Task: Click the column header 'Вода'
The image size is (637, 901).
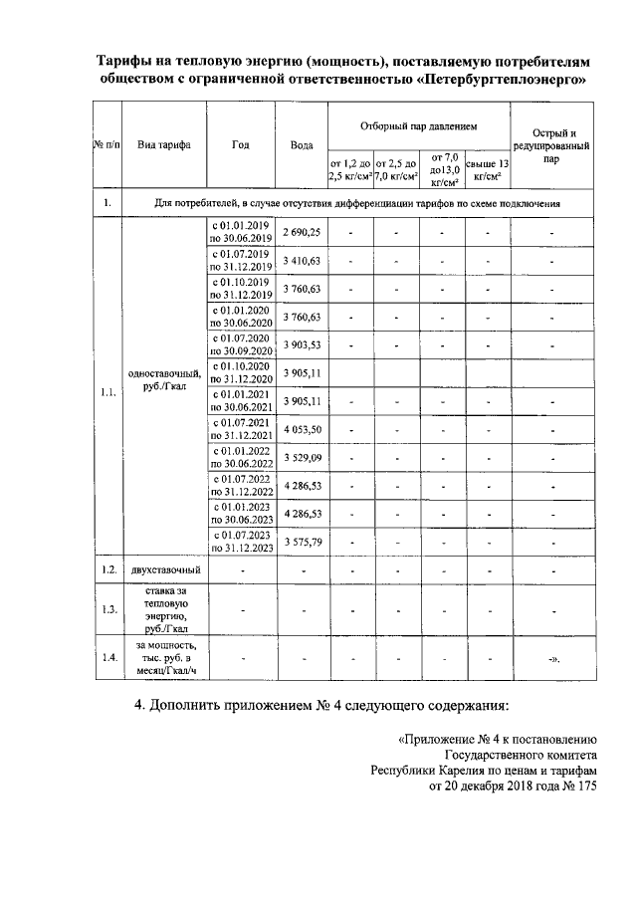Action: tap(302, 144)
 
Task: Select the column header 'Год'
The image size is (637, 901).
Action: tap(240, 144)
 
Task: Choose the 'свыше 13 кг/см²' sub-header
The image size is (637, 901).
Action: tap(488, 169)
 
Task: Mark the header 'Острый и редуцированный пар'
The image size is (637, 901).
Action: tap(550, 145)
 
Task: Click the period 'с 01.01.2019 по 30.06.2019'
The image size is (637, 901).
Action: tap(240, 232)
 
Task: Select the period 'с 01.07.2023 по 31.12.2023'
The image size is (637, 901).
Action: tap(240, 542)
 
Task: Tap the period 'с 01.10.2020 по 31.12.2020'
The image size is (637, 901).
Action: tap(240, 372)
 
